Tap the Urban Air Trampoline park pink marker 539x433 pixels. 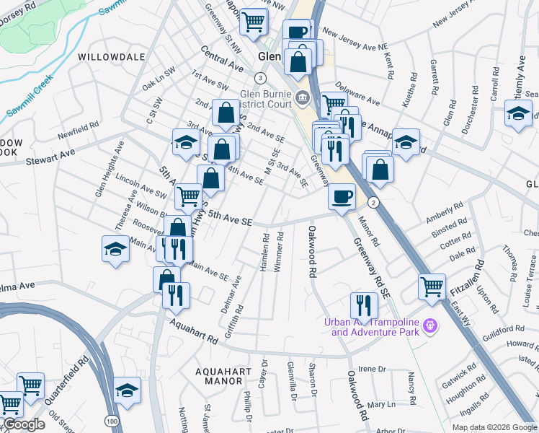pyautogui.click(x=431, y=326)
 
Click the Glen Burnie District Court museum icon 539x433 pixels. pyautogui.click(x=302, y=98)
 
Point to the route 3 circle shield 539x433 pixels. pyautogui.click(x=260, y=77)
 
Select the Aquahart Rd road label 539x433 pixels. pyautogui.click(x=193, y=331)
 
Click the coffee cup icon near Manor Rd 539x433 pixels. pyautogui.click(x=342, y=195)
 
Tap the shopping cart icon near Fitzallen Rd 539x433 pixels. pyautogui.click(x=432, y=286)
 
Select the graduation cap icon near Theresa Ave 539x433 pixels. pyautogui.click(x=115, y=249)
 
